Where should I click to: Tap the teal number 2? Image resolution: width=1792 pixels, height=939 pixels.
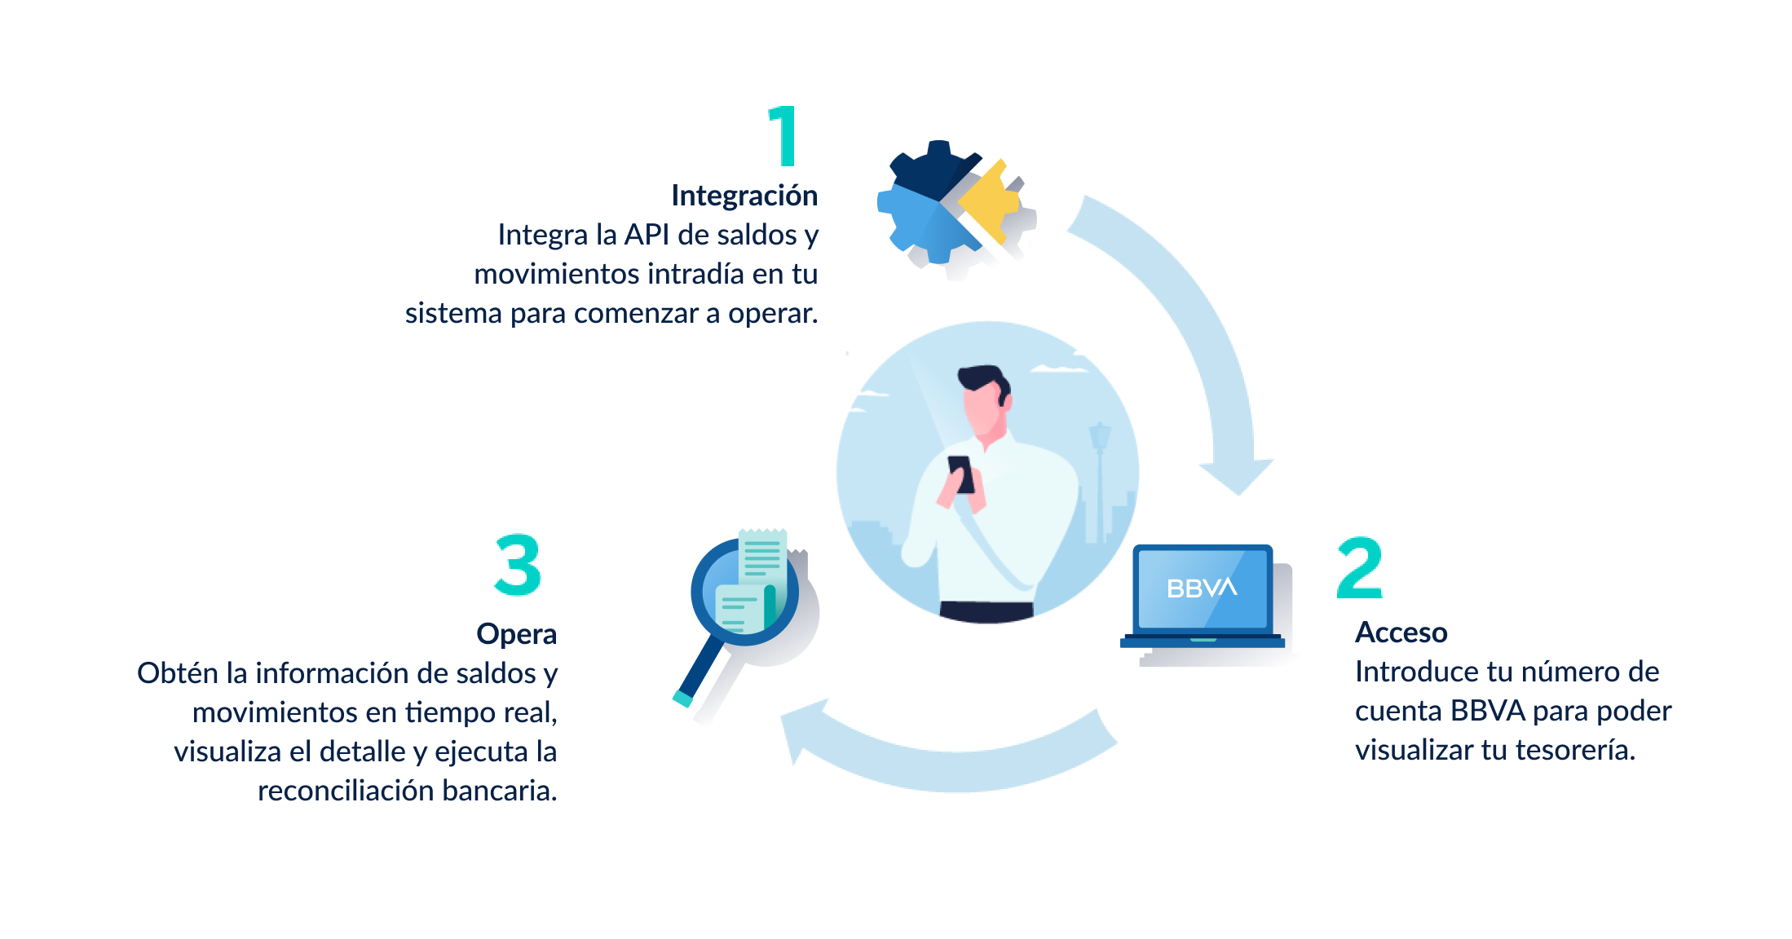(1360, 568)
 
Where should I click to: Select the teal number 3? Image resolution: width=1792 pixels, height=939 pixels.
(518, 565)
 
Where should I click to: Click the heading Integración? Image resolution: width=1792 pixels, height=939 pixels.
(744, 196)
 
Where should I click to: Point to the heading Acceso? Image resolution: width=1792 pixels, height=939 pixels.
(1401, 633)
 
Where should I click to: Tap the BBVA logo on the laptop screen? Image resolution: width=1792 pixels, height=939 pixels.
(1202, 588)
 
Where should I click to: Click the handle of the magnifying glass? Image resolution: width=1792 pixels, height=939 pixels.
(700, 670)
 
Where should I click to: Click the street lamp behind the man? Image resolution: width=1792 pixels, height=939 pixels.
(1100, 481)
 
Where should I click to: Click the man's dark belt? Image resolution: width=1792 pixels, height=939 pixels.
(986, 611)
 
